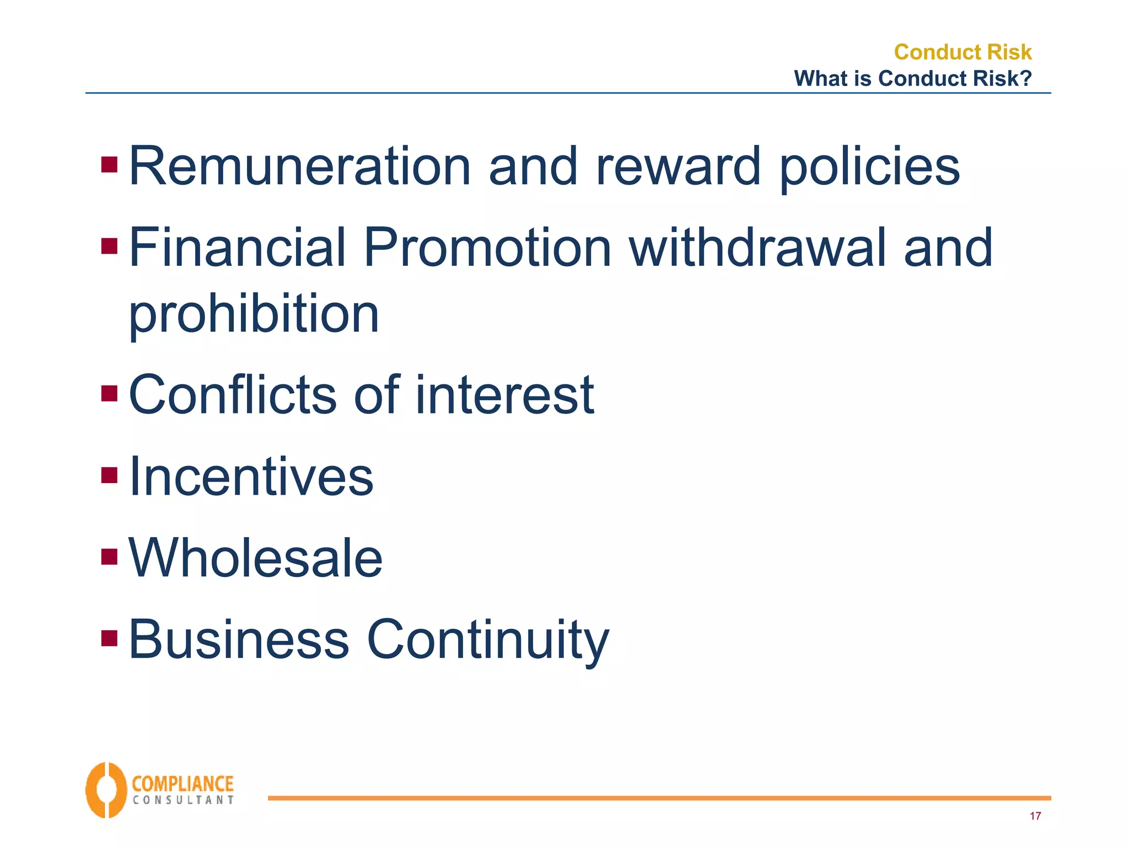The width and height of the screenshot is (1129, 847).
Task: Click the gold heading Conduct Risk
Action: point(962,52)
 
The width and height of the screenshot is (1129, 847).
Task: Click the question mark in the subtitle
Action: point(1025,78)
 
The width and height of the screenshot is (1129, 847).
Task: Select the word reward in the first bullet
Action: point(678,166)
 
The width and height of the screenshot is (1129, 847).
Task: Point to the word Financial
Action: point(237,248)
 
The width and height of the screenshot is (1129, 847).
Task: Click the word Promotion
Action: point(487,248)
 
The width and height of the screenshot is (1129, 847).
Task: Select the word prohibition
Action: point(254,314)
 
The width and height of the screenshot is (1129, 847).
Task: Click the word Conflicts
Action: point(232,395)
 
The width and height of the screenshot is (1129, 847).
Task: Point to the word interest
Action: point(504,395)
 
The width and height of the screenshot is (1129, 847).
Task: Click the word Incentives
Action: point(251,476)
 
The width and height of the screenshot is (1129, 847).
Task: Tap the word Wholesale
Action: point(255,558)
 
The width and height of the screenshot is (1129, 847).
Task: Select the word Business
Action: point(239,640)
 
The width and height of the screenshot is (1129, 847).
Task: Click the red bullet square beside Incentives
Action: point(110,475)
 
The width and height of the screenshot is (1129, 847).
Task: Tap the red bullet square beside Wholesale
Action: point(110,556)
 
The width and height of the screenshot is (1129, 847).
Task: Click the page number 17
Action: point(1035,816)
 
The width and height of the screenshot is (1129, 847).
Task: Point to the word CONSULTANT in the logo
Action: point(183,800)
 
